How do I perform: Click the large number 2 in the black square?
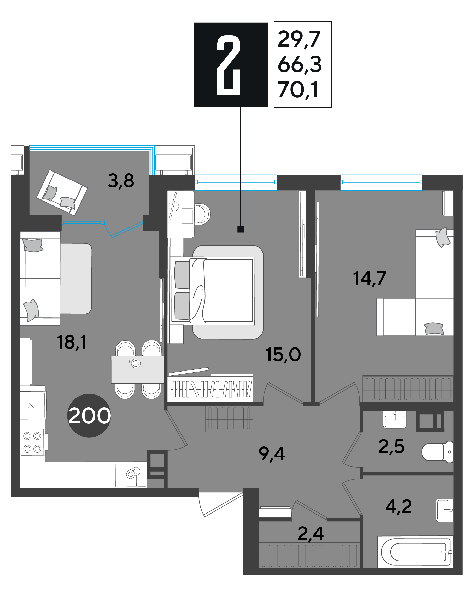click(x=228, y=65)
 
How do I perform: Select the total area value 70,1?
click(x=298, y=90)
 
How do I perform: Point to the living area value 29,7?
click(x=299, y=39)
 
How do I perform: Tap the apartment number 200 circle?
click(x=89, y=416)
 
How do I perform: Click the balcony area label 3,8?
click(x=121, y=181)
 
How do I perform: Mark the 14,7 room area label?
click(x=370, y=278)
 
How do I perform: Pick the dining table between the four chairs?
click(x=137, y=370)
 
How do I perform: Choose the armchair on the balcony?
click(x=62, y=193)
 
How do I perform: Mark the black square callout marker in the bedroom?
click(x=241, y=229)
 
